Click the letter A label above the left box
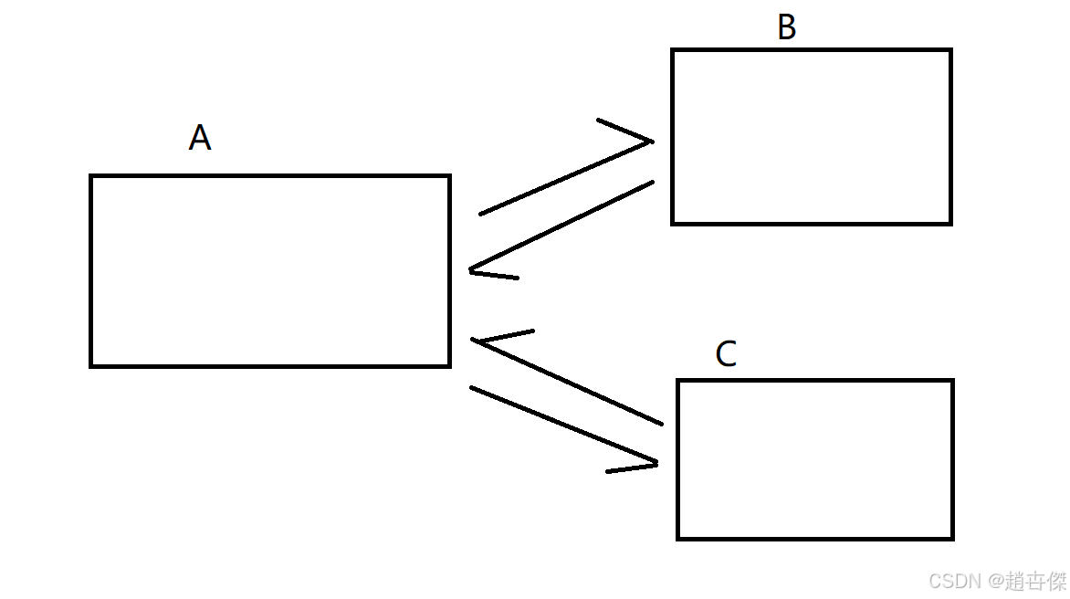[x=200, y=138]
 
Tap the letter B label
[x=786, y=28]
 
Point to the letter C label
[x=726, y=354]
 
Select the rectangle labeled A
[x=270, y=270]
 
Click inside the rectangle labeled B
[x=812, y=137]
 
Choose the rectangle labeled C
[x=815, y=459]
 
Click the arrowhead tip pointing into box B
[x=651, y=142]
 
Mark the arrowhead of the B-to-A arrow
[x=472, y=270]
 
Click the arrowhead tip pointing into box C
[x=656, y=464]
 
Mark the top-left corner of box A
[x=91, y=176]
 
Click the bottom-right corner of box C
[x=952, y=538]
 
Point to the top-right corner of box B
[x=950, y=50]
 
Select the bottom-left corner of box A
[x=91, y=365]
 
